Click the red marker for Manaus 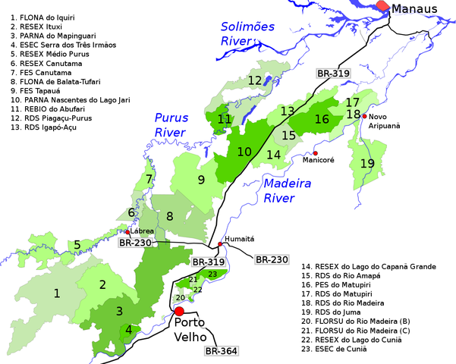pyautogui.click(x=383, y=6)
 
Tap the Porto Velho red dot pyautogui.click(x=179, y=311)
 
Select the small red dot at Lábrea pyautogui.click(x=127, y=232)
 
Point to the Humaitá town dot pyautogui.click(x=221, y=243)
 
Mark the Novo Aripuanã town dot pyautogui.click(x=365, y=116)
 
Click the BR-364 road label pyautogui.click(x=221, y=351)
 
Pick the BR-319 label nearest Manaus pyautogui.click(x=332, y=74)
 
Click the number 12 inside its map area pyautogui.click(x=254, y=80)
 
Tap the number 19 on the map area pyautogui.click(x=367, y=163)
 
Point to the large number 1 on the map pyautogui.click(x=56, y=292)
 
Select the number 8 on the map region pyautogui.click(x=170, y=216)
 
